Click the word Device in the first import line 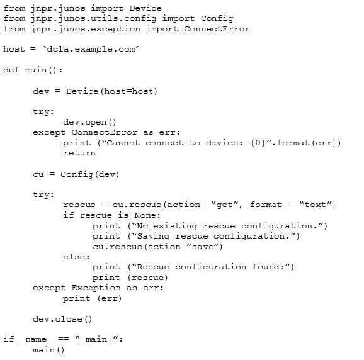[145, 8]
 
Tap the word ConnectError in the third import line [217, 29]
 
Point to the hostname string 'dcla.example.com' [91, 50]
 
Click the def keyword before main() [11, 70]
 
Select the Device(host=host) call [111, 91]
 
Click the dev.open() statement [89, 122]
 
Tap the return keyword [79, 153]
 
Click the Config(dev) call [90, 174]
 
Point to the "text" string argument [316, 205]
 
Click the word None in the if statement [145, 215]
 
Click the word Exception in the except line [96, 288]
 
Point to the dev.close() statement [62, 319]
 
